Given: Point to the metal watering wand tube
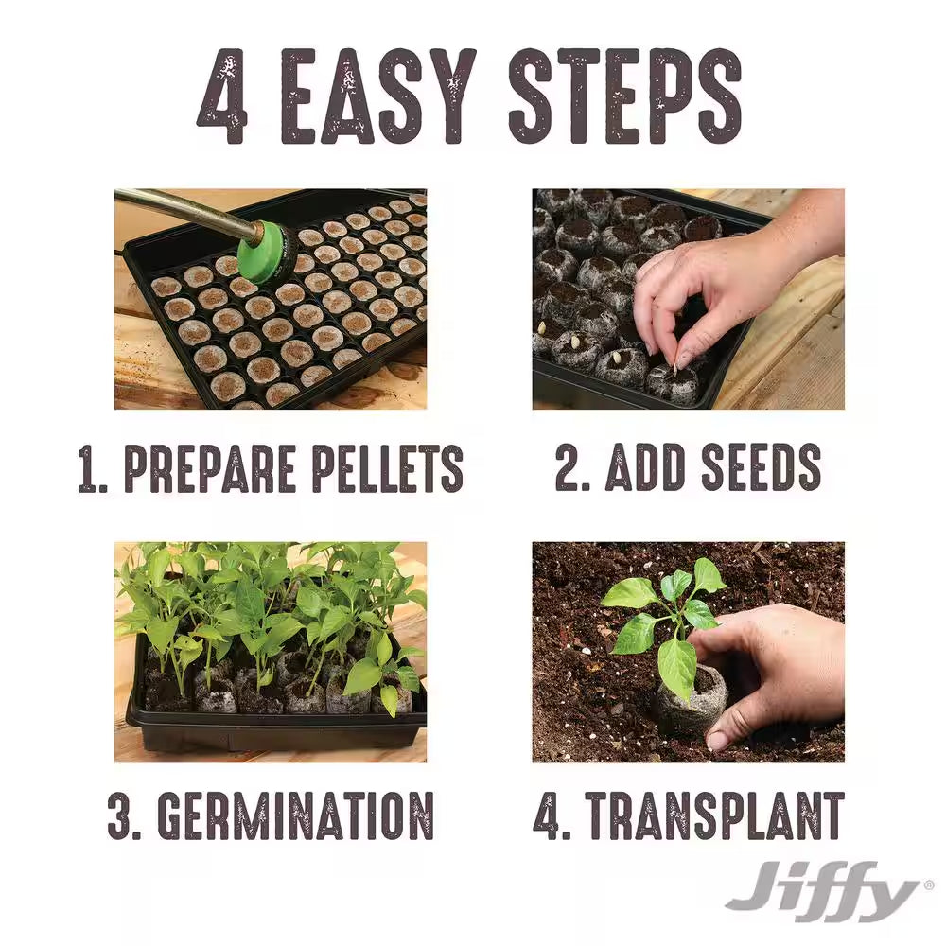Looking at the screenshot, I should pos(184,210).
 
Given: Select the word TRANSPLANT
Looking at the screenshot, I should pos(714,815).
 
